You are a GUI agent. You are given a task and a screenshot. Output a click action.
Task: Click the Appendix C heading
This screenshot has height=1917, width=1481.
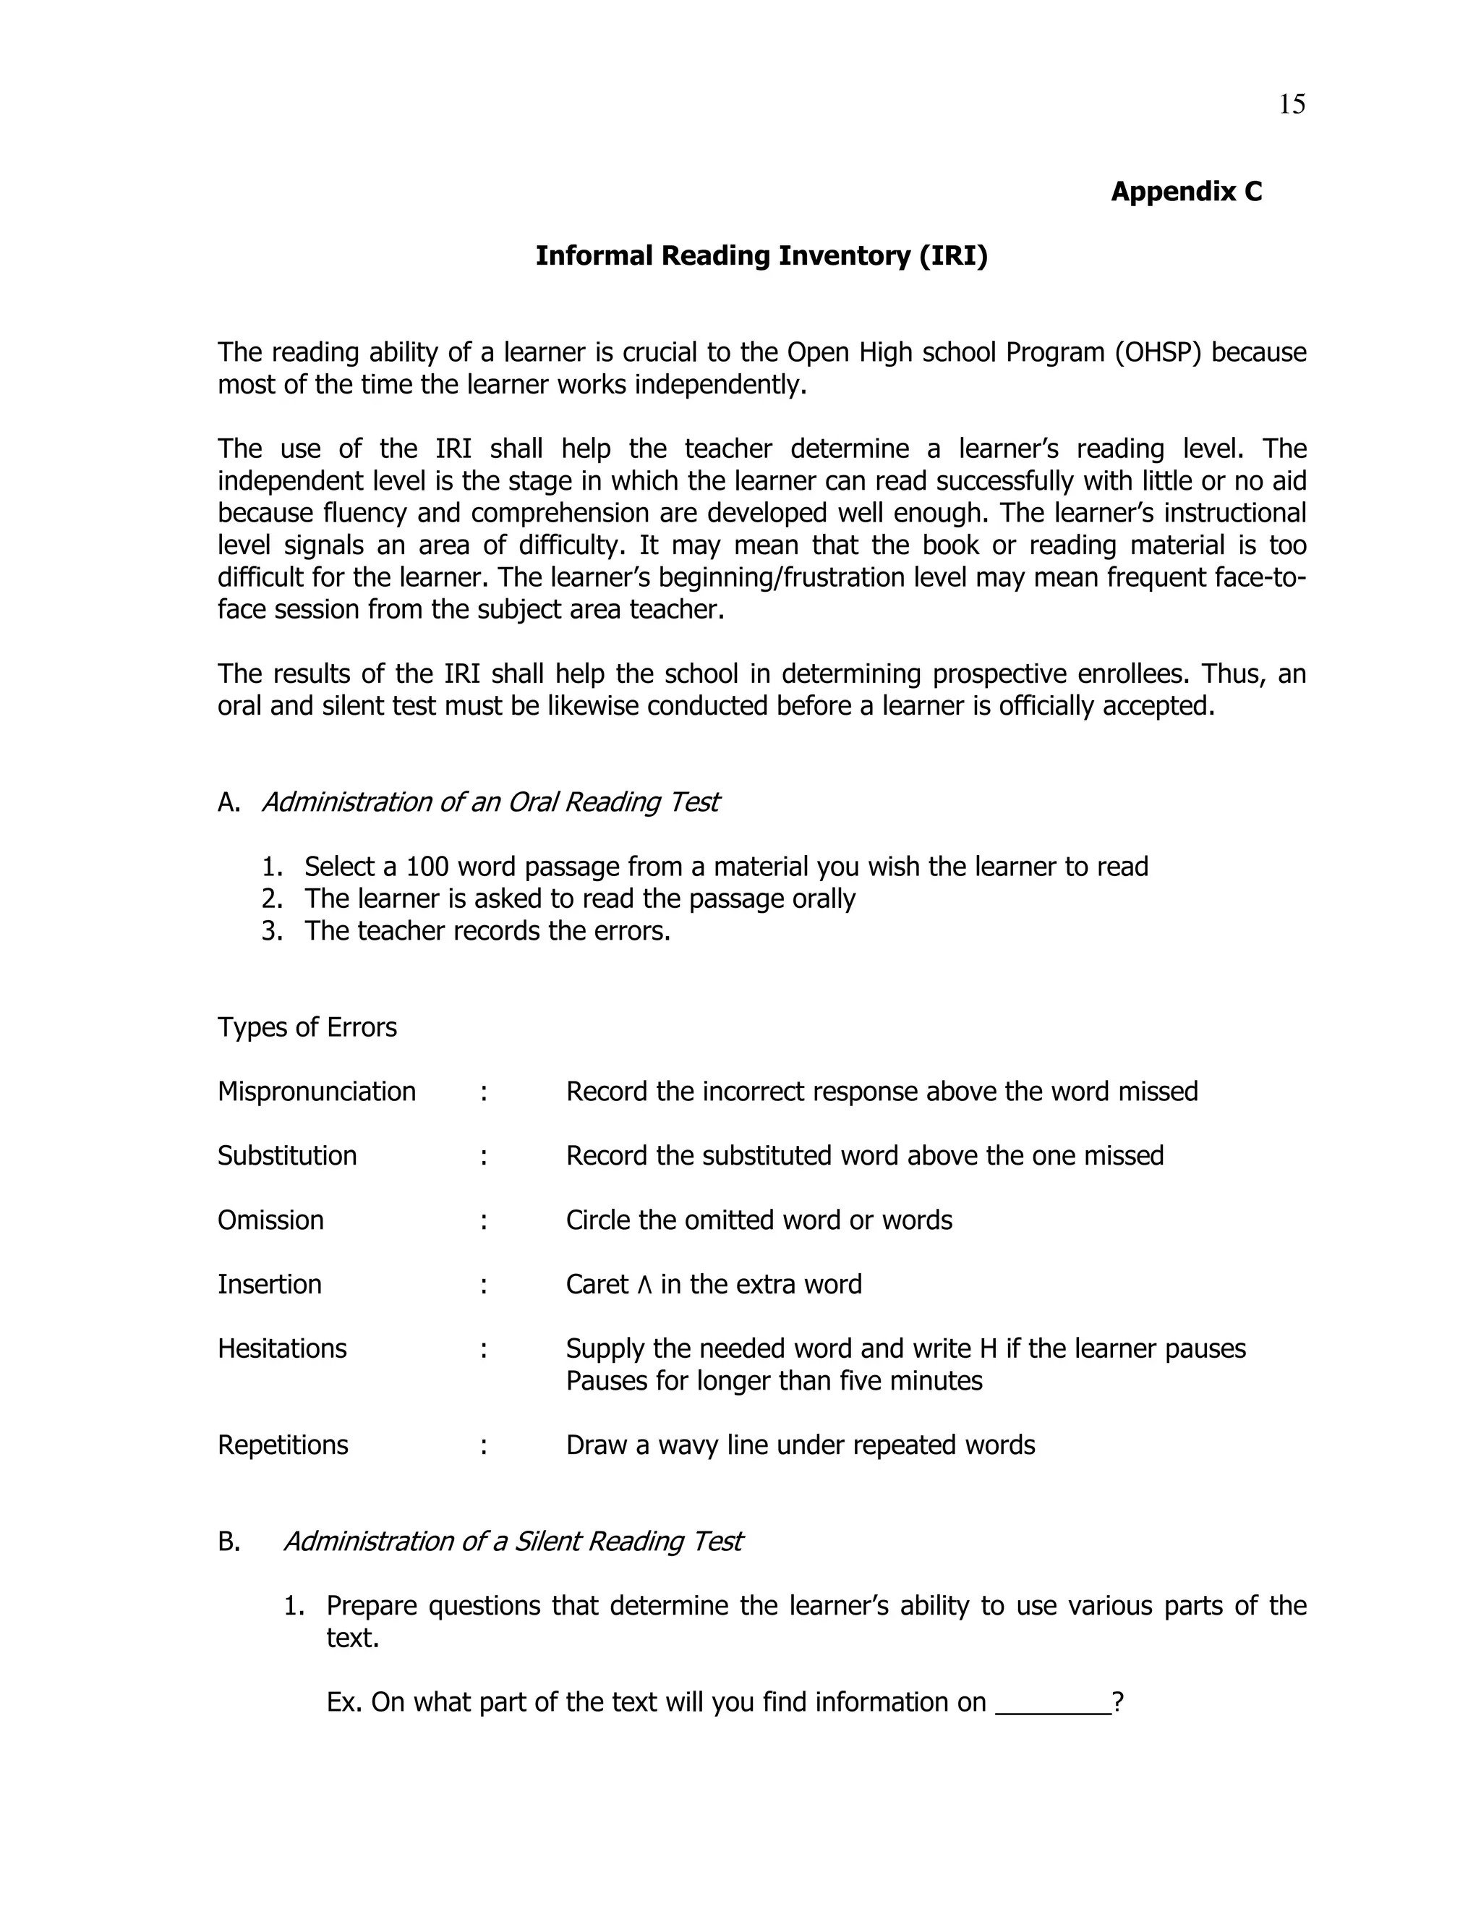pyautogui.click(x=1185, y=192)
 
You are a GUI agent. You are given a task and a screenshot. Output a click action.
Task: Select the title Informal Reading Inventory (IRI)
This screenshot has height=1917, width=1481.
pyautogui.click(x=761, y=255)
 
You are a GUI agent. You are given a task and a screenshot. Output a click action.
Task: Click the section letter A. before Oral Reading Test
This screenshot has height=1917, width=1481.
pyautogui.click(x=228, y=802)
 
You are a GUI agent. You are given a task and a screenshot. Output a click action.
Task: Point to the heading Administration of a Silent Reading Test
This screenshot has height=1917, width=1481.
pyautogui.click(x=513, y=1542)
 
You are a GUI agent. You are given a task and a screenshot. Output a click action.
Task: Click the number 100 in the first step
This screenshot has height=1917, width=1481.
pyautogui.click(x=427, y=867)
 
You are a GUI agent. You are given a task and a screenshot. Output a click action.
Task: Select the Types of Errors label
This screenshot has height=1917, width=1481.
pyautogui.click(x=307, y=1027)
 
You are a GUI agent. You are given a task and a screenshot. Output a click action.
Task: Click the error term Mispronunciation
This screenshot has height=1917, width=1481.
pyautogui.click(x=316, y=1091)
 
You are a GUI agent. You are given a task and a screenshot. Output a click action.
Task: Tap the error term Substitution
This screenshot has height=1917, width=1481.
pyautogui.click(x=287, y=1156)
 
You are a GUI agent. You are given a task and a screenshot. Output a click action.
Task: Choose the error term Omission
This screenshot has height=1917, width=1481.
pyautogui.click(x=270, y=1220)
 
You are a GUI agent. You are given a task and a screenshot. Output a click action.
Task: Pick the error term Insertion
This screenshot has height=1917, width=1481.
pyautogui.click(x=269, y=1284)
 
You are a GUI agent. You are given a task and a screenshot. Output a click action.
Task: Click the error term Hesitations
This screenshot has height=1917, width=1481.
pyautogui.click(x=281, y=1348)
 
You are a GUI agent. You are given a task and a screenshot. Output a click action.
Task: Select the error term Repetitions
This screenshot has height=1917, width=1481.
pyautogui.click(x=283, y=1445)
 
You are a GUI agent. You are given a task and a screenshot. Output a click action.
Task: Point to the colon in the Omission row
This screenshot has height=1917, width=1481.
pyautogui.click(x=484, y=1221)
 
